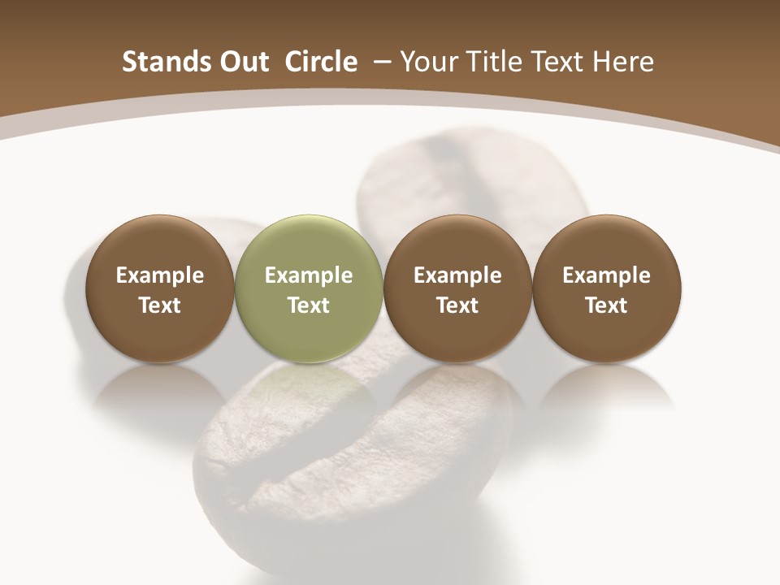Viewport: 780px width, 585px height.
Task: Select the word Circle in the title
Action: click(321, 62)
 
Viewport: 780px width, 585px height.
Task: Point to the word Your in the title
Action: click(427, 62)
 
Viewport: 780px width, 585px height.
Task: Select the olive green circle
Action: click(309, 288)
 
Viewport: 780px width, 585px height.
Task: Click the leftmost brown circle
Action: click(159, 288)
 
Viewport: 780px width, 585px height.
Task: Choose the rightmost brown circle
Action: click(607, 288)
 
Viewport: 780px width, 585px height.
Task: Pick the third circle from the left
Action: click(457, 288)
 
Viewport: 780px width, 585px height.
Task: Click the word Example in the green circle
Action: click(309, 275)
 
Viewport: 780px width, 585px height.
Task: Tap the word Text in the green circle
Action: click(309, 305)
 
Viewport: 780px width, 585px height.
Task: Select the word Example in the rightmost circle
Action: click(607, 275)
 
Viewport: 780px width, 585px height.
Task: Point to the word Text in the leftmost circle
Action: click(159, 305)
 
